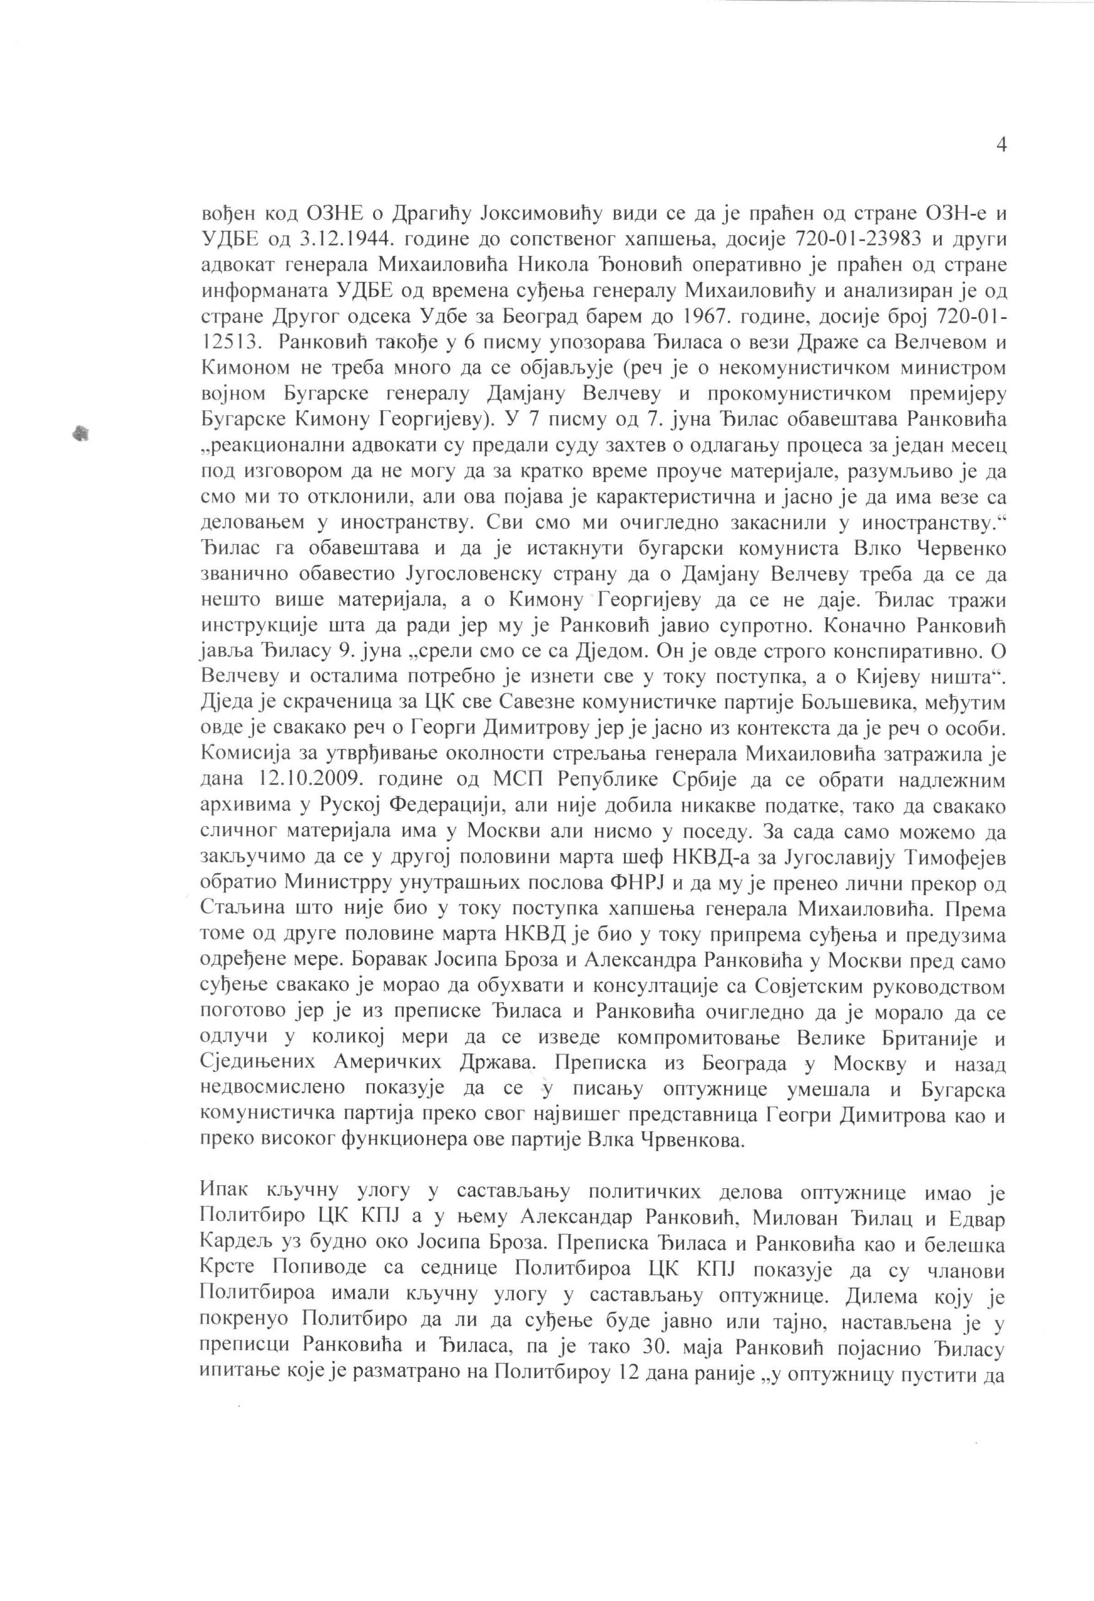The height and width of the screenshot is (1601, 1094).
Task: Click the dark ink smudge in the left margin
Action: pos(82,433)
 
